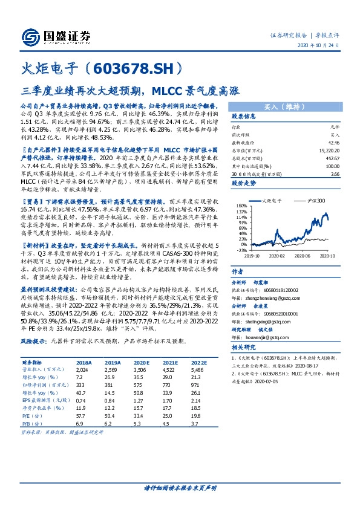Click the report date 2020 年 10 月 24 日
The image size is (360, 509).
[x=322, y=46]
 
